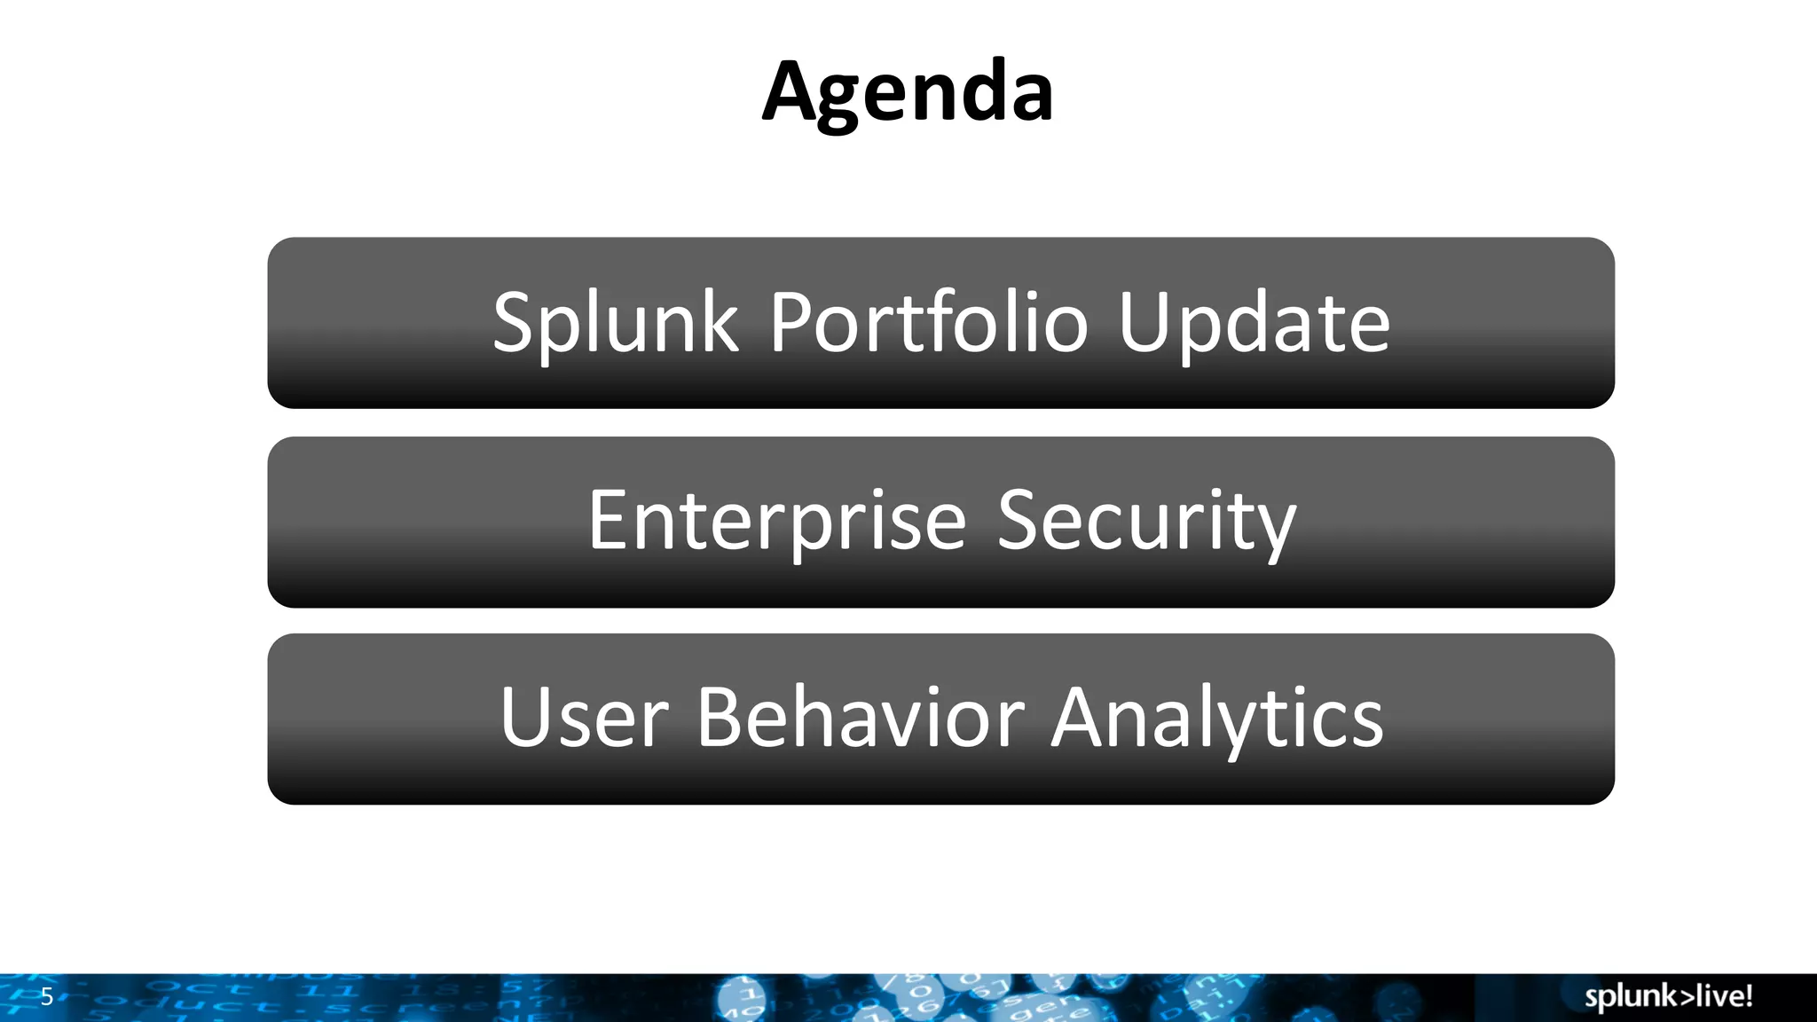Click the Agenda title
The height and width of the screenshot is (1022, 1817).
(908, 92)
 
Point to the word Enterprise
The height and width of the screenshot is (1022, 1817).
(776, 522)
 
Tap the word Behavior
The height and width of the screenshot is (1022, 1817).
(860, 719)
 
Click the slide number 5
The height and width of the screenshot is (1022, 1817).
(47, 996)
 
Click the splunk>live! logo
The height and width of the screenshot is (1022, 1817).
(1668, 996)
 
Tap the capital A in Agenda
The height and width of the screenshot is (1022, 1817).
(792, 92)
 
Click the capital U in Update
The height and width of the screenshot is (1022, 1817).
(1144, 323)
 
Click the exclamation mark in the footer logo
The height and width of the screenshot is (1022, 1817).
(1748, 995)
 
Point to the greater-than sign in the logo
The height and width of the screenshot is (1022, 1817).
(1683, 997)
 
